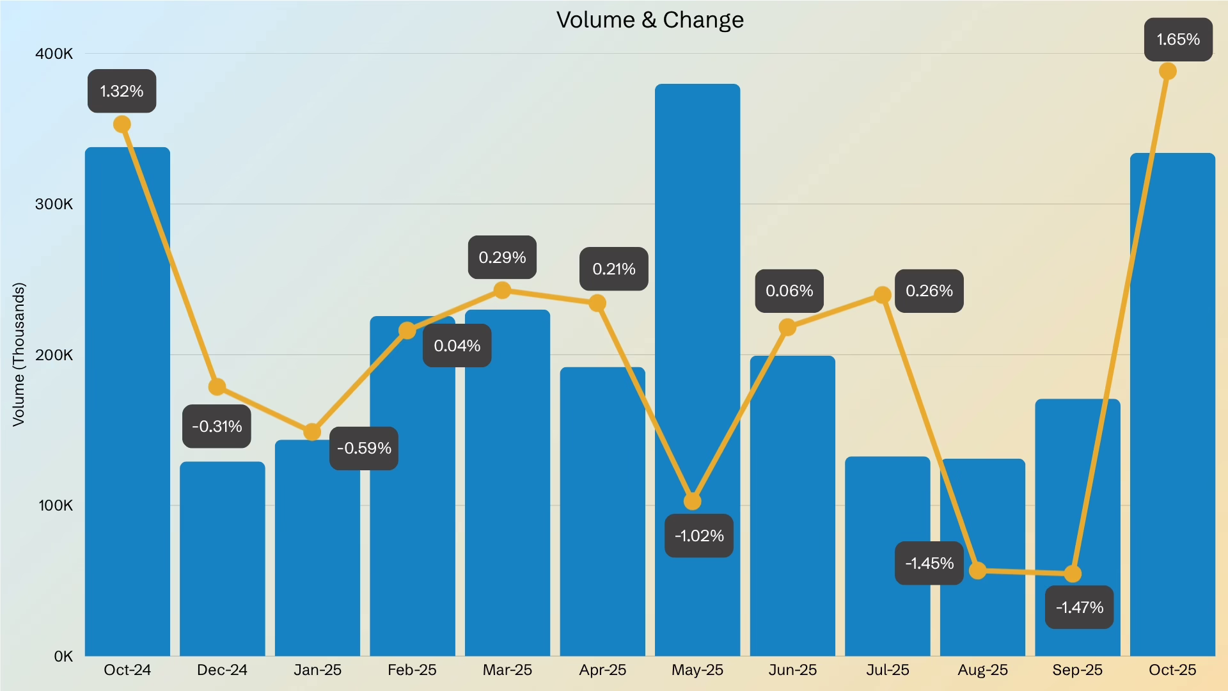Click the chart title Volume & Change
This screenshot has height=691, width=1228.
[x=650, y=20]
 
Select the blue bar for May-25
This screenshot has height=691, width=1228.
[x=697, y=288]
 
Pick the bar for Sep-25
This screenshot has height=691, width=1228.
[x=1077, y=486]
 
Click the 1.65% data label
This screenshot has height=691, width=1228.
[x=1178, y=40]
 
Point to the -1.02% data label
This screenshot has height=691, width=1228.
[x=699, y=536]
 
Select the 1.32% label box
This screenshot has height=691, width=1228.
[x=122, y=91]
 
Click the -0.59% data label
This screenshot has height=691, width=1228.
[x=364, y=448]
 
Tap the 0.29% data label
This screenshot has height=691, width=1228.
[x=502, y=257]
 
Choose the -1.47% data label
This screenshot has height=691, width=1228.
[x=1080, y=607]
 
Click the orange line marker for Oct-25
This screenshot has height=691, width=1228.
[x=1168, y=71]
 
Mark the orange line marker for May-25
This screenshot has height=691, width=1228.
[x=692, y=501]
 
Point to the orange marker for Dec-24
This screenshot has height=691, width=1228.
[x=217, y=386]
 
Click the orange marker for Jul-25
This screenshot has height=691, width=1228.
[x=883, y=295]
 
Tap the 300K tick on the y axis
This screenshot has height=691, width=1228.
[x=54, y=204]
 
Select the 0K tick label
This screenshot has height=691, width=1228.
[x=63, y=656]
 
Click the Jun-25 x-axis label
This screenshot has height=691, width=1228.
[x=792, y=670]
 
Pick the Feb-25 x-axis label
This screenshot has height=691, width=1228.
[x=412, y=670]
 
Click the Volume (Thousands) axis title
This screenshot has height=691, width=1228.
[x=19, y=354]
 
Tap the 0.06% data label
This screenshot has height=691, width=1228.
[x=789, y=291]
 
